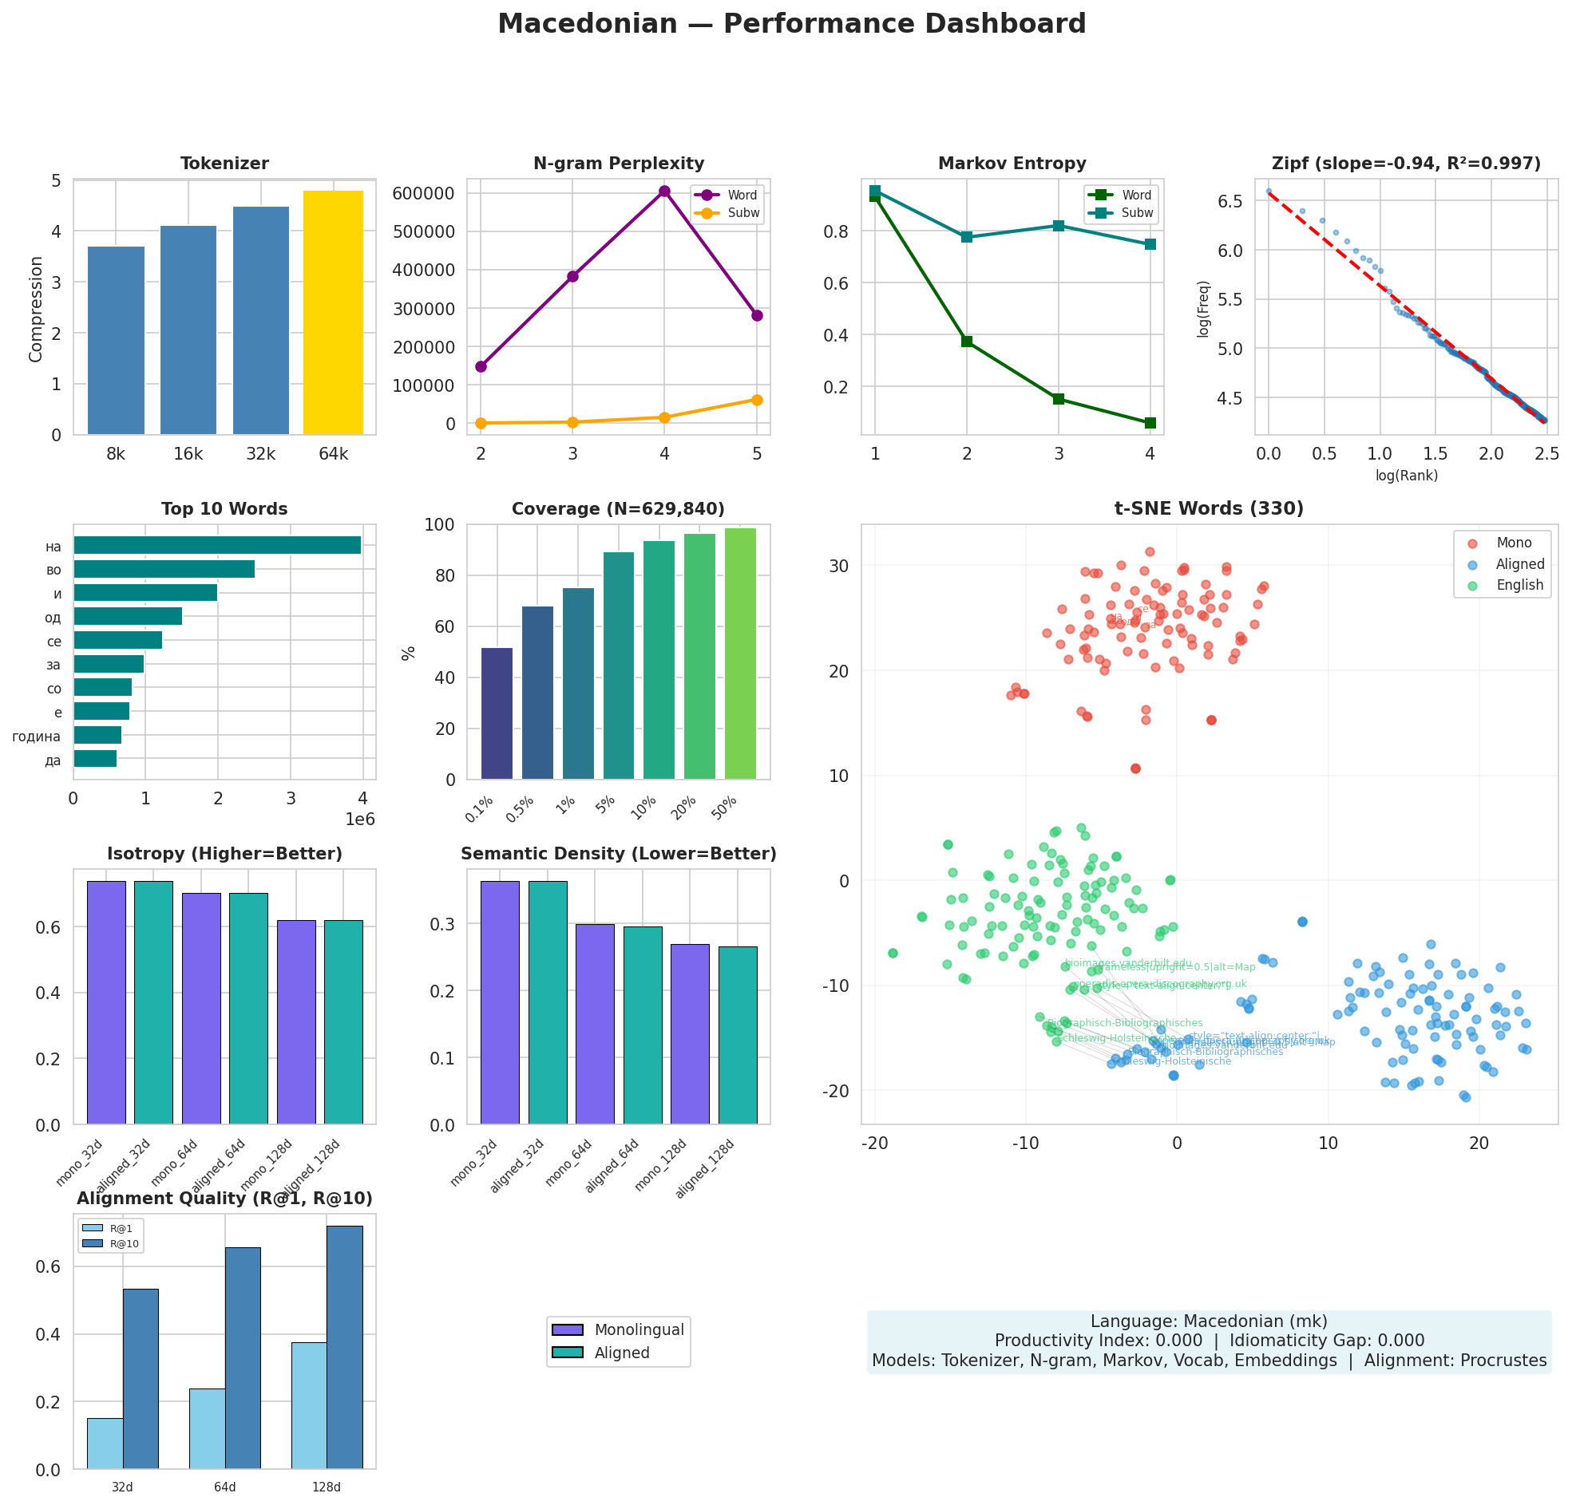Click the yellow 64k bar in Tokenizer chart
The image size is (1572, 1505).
coord(333,313)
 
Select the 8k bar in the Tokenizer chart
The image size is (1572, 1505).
coord(116,341)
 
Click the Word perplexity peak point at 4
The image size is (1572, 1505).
coord(664,191)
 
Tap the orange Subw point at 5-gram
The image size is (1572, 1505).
coord(756,399)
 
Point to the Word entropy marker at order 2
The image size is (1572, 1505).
coord(967,342)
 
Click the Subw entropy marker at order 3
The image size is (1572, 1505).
coord(1059,225)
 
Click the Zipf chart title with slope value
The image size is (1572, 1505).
coord(1406,164)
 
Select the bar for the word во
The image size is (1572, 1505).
coord(164,569)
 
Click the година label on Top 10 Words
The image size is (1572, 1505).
coord(36,736)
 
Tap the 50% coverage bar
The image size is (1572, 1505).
coord(739,653)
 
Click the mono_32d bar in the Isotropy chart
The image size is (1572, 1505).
coord(106,1002)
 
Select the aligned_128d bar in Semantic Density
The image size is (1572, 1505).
coord(737,1035)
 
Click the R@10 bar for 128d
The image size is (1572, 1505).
coord(344,1347)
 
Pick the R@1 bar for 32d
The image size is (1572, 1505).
coord(105,1444)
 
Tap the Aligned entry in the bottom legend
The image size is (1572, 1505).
coord(622,1353)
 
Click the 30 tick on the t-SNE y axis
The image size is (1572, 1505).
coord(839,566)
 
